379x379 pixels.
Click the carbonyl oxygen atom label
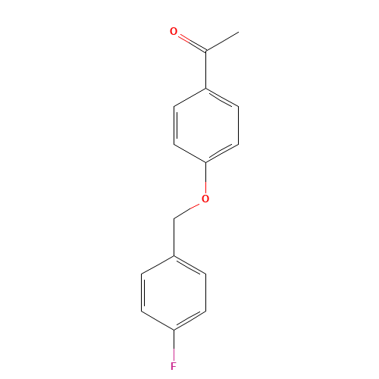pos(174,32)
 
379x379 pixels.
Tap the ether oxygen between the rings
pos(205,199)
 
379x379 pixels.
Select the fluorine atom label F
pos(174,366)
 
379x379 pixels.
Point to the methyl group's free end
pos(239,32)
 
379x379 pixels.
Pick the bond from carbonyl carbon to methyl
pos(222,42)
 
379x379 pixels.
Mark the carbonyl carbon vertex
pos(206,51)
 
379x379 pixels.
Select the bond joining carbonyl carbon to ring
pos(206,70)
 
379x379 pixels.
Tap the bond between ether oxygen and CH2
pos(188,211)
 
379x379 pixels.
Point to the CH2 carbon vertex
pos(174,219)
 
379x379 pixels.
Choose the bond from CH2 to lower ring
pos(174,237)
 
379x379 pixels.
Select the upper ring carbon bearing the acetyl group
pos(206,89)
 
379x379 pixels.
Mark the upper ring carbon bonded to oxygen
pos(206,162)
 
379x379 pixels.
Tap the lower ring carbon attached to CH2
pos(174,256)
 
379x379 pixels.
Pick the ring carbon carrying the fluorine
pos(174,330)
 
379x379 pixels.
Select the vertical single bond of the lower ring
pos(205,293)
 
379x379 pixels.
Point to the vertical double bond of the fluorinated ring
pos(143,293)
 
